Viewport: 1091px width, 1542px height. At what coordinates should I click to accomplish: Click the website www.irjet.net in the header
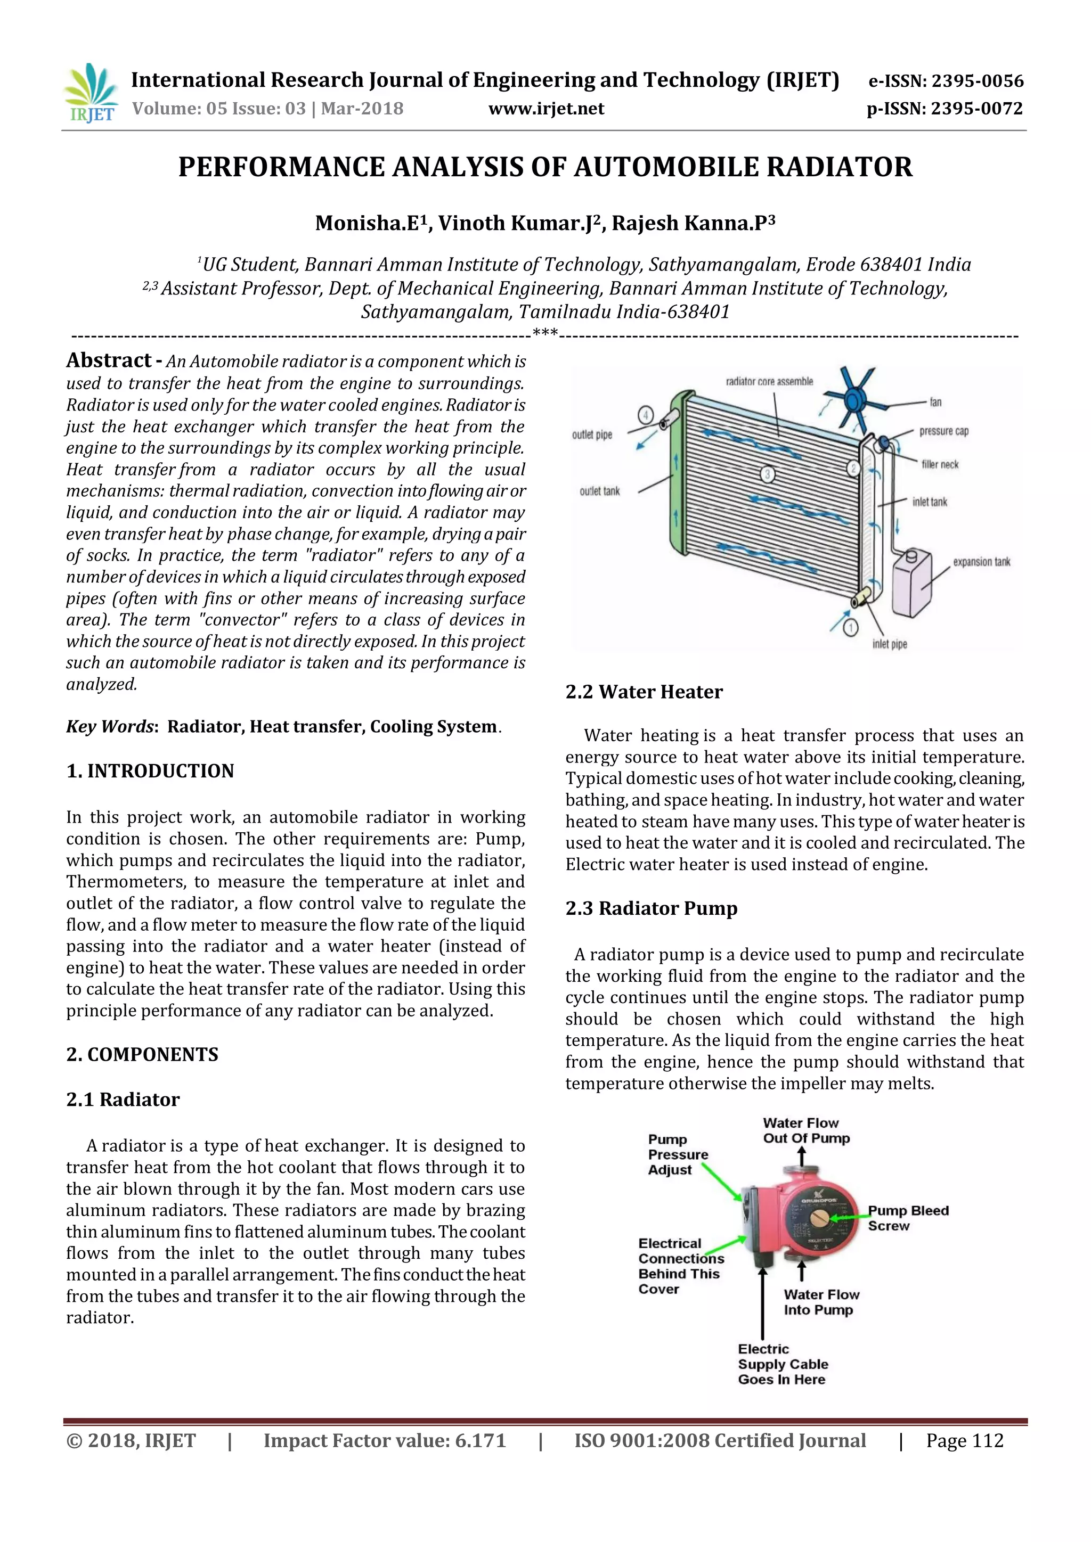[x=545, y=109]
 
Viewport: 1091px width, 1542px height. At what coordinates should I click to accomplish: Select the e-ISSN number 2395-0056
[x=978, y=81]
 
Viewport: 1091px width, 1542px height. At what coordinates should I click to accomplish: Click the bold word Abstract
[x=109, y=360]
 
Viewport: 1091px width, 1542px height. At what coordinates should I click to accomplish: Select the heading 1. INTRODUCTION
[x=150, y=771]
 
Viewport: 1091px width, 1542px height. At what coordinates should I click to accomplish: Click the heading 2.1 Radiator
[x=123, y=1100]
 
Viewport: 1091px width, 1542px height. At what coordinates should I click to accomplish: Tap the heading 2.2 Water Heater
[x=644, y=692]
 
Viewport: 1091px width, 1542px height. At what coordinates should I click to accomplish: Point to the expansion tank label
[x=981, y=561]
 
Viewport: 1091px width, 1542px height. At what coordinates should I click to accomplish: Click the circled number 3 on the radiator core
[x=767, y=475]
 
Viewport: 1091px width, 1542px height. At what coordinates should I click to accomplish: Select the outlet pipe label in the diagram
[x=592, y=434]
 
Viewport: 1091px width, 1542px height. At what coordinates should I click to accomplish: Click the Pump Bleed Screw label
[x=908, y=1218]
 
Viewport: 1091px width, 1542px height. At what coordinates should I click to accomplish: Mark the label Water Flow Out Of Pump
[x=805, y=1130]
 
